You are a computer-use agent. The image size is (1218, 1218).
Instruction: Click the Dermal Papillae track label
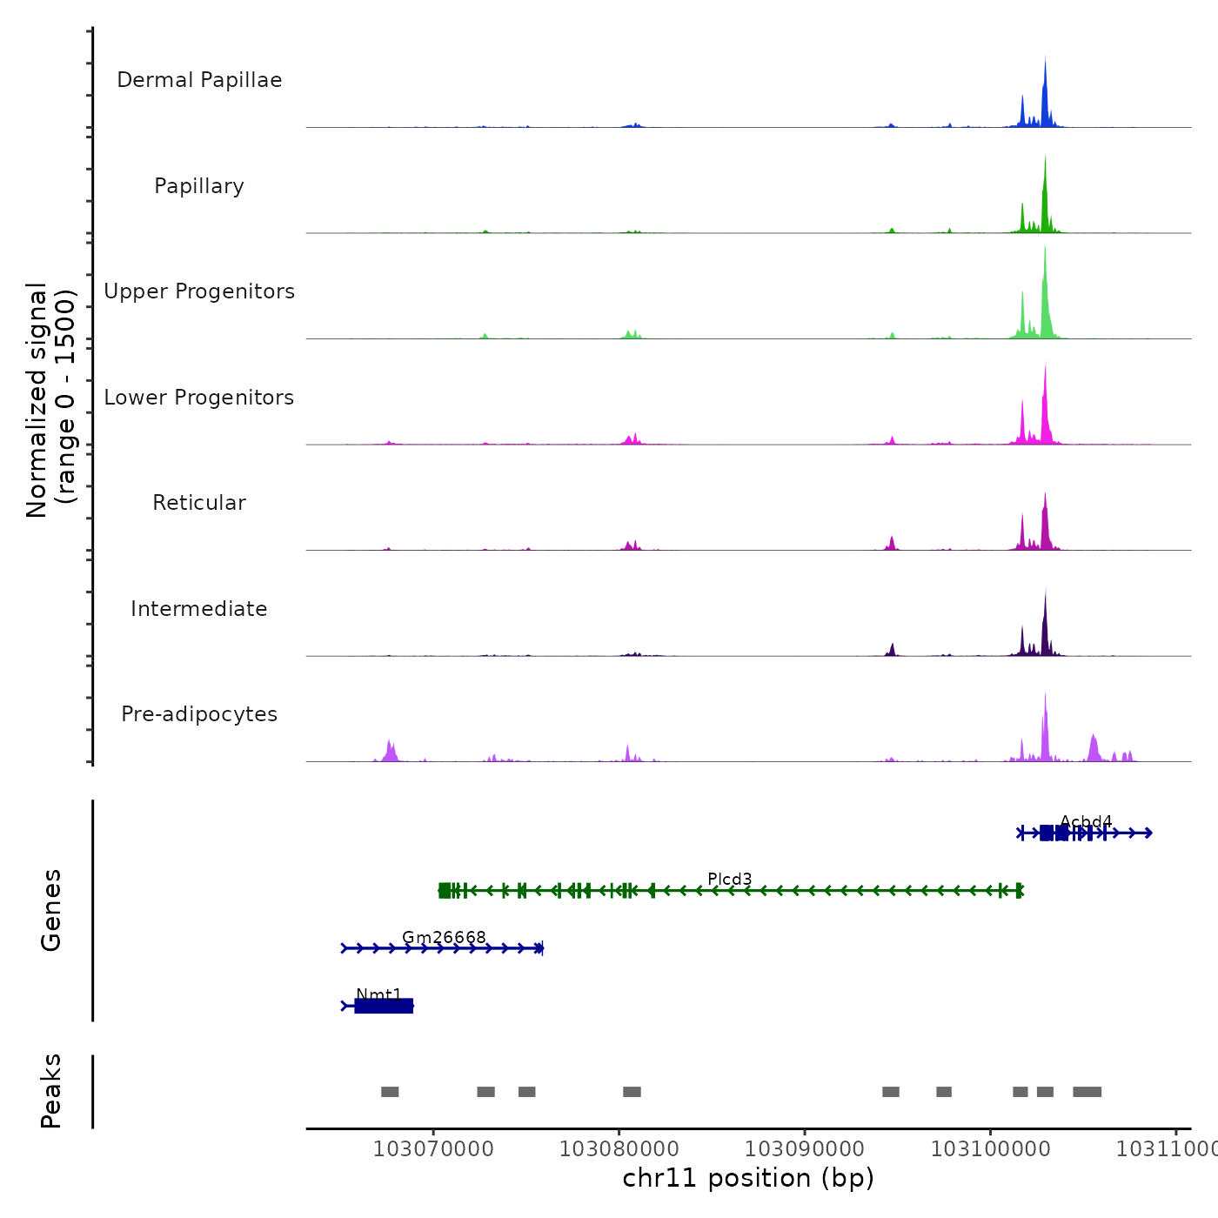point(199,80)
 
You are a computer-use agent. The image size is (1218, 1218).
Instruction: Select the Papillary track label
point(199,186)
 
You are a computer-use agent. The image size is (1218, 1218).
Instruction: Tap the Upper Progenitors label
point(199,291)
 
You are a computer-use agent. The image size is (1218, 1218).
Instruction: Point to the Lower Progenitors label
point(199,398)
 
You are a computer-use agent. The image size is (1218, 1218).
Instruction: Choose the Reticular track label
point(199,503)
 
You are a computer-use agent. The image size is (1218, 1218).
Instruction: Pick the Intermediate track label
point(199,609)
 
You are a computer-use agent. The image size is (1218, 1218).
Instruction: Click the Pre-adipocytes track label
point(199,714)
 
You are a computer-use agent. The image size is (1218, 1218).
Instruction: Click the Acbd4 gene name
point(1086,821)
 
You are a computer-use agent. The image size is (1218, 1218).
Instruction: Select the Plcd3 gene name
point(729,879)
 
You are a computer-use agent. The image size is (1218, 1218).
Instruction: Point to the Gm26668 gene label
point(444,937)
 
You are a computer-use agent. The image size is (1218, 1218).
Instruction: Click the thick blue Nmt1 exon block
point(384,1006)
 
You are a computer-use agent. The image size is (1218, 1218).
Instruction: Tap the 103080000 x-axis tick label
point(619,1149)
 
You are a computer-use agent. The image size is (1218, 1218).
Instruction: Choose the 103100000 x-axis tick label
point(990,1149)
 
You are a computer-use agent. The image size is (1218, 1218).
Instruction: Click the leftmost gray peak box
point(390,1092)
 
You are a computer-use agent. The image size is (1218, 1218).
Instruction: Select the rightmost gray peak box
point(1087,1092)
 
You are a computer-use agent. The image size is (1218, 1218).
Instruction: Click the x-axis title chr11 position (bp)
point(748,1178)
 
